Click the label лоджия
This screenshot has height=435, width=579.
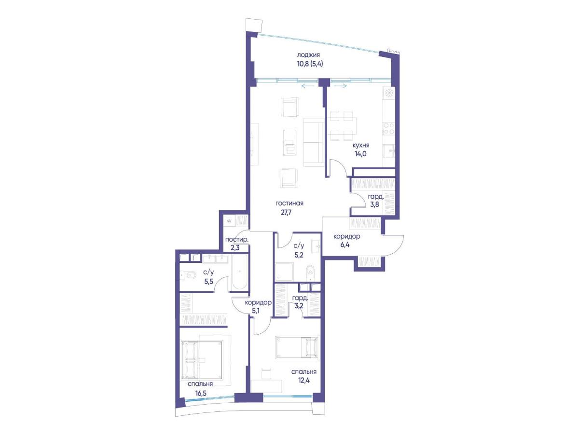[x=308, y=55]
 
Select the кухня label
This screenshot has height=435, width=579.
[x=361, y=145]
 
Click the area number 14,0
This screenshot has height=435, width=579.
[x=360, y=154]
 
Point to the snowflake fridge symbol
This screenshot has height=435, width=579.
[x=389, y=93]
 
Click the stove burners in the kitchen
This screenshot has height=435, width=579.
[x=388, y=129]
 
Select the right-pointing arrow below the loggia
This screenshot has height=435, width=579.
[x=340, y=86]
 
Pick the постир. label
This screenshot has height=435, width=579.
[x=236, y=240]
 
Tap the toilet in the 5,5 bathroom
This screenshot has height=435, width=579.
[x=188, y=275]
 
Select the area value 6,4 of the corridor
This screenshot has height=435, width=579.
[x=345, y=245]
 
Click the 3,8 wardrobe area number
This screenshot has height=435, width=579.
[x=374, y=204]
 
